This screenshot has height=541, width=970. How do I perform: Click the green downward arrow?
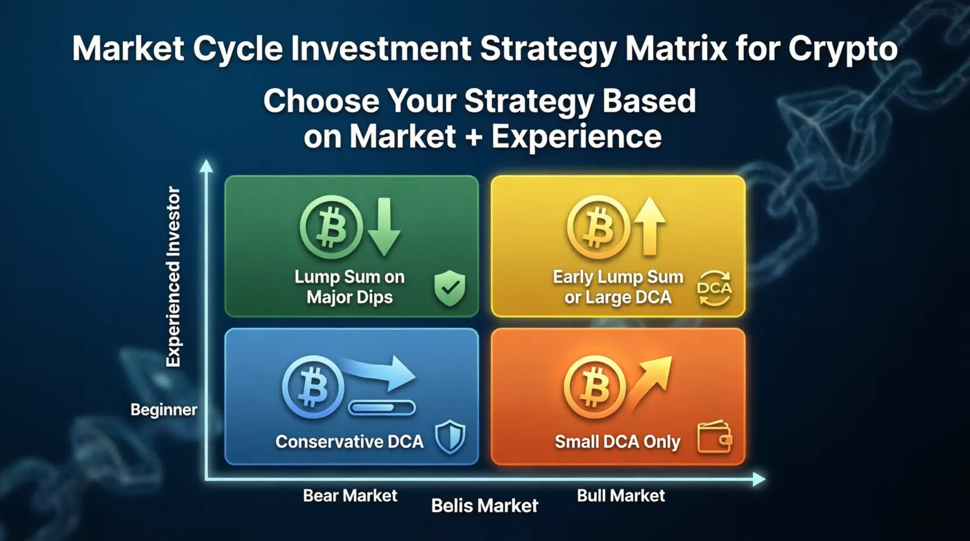(384, 227)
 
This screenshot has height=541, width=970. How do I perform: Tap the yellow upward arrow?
(649, 226)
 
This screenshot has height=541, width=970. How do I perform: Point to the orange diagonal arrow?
(649, 384)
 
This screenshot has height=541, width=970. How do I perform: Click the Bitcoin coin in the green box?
(331, 227)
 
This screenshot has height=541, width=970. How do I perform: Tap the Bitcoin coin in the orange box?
(595, 387)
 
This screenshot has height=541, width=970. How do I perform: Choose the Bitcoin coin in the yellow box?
(599, 227)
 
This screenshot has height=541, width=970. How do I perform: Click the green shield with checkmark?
(450, 288)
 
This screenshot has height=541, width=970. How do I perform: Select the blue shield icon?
(451, 437)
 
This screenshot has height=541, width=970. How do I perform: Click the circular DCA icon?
(715, 288)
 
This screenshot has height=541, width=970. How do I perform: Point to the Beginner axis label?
(164, 410)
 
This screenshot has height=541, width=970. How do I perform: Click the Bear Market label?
(350, 496)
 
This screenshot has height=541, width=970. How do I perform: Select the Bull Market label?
(621, 496)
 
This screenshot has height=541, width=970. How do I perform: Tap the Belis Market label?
(484, 505)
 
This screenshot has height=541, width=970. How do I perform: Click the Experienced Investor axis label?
(173, 277)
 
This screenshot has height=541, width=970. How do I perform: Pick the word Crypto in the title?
(843, 49)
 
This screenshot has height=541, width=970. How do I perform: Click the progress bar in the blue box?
(382, 407)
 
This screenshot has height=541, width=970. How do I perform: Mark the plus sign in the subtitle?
(474, 138)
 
